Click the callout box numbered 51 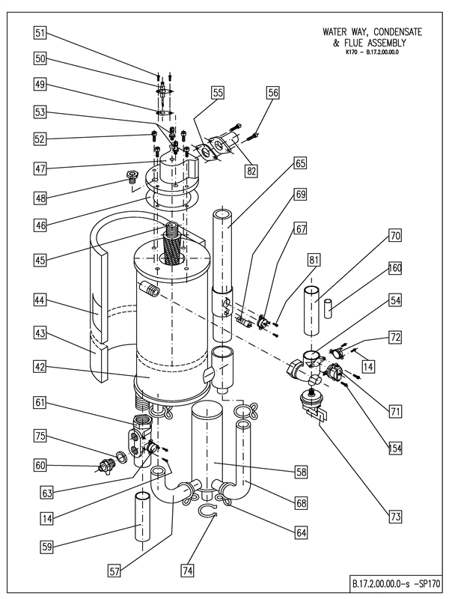click(40, 32)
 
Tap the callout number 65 click(279, 162)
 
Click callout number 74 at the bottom click(187, 571)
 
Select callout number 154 click(395, 448)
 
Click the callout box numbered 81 click(314, 259)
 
